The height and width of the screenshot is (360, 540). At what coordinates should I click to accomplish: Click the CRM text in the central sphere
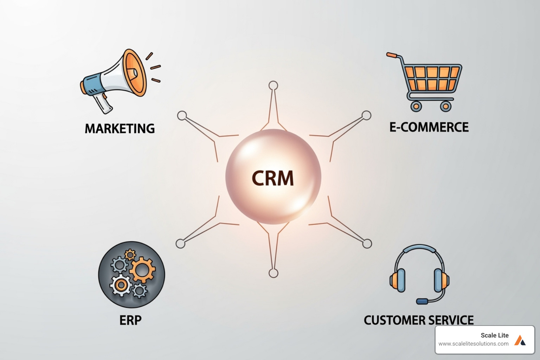pyautogui.click(x=273, y=178)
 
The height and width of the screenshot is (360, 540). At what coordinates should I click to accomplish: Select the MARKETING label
pyautogui.click(x=120, y=128)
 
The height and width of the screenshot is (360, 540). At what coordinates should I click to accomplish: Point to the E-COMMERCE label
pyautogui.click(x=429, y=127)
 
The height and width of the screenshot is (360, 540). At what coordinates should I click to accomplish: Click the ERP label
pyautogui.click(x=130, y=320)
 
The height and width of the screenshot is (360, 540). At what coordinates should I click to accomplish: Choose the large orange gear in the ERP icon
pyautogui.click(x=142, y=270)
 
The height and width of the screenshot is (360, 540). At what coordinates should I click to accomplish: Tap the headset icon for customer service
pyautogui.click(x=419, y=272)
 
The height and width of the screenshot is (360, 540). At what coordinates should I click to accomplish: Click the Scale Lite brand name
pyautogui.click(x=494, y=335)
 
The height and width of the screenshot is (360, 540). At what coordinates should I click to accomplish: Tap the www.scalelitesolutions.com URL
pyautogui.click(x=473, y=344)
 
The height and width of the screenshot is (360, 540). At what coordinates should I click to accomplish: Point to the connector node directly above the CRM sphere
pyautogui.click(x=273, y=85)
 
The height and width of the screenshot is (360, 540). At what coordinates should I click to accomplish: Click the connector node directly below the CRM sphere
pyautogui.click(x=273, y=273)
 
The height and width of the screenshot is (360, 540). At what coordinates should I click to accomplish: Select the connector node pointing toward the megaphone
pyautogui.click(x=182, y=115)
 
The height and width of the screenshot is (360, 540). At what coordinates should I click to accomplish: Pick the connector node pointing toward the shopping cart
pyautogui.click(x=366, y=115)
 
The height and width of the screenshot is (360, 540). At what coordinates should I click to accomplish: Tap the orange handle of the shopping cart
pyautogui.click(x=392, y=55)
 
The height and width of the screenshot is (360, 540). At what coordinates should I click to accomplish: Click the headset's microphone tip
pyautogui.click(x=422, y=301)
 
